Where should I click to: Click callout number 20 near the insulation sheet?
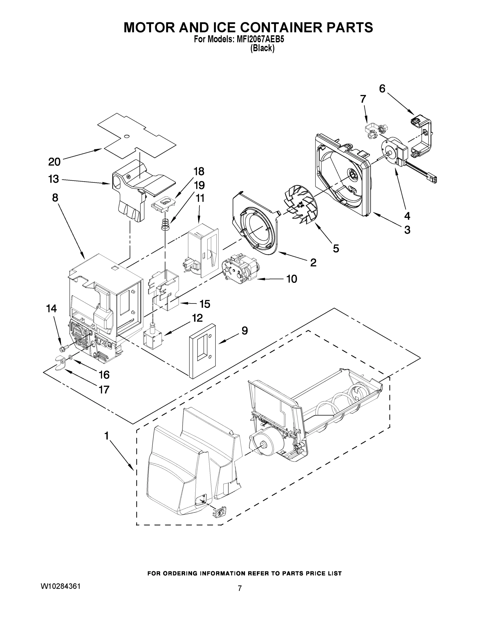(54, 162)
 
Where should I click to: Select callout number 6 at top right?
(382, 89)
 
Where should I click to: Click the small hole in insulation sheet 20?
(127, 136)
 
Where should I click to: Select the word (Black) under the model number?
(262, 49)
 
